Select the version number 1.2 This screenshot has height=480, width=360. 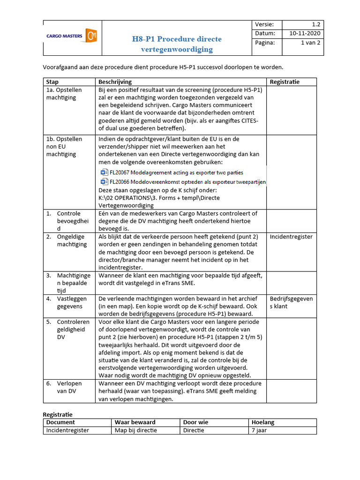[x=316, y=25]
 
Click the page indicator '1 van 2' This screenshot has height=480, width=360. [x=310, y=43]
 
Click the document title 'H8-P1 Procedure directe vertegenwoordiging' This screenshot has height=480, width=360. [x=176, y=44]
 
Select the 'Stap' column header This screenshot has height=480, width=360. [x=52, y=82]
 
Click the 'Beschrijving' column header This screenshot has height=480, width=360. [x=115, y=82]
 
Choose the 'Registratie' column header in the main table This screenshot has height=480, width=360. [x=285, y=82]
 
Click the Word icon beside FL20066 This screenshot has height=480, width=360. [x=104, y=181]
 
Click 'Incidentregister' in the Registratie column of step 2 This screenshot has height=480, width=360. [x=291, y=237]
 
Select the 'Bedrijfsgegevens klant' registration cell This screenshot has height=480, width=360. [x=291, y=302]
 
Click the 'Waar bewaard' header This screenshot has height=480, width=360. [x=135, y=422]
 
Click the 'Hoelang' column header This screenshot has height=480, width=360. [x=263, y=422]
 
